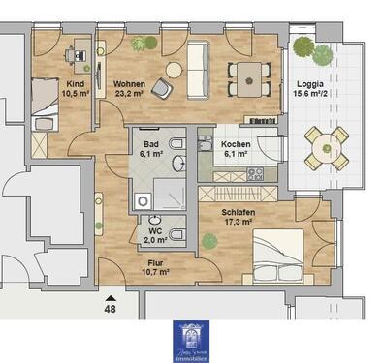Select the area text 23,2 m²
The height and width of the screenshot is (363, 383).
[130, 95]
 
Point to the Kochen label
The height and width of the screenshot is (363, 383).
[235, 145]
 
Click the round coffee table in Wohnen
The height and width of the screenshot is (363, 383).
[176, 69]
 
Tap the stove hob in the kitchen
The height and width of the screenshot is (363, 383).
[255, 174]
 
